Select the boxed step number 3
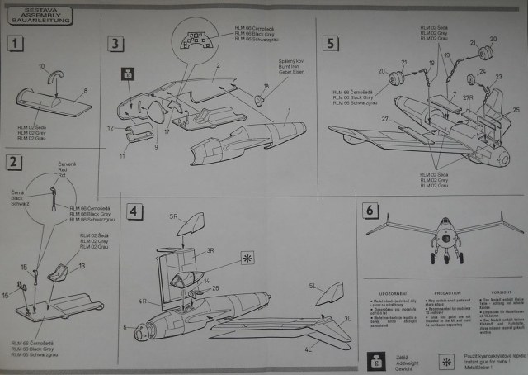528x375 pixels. click(116, 44)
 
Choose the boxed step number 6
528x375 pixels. click(371, 210)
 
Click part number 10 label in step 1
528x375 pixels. click(42, 66)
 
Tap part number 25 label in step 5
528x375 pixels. click(516, 108)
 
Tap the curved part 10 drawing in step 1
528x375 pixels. click(53, 80)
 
